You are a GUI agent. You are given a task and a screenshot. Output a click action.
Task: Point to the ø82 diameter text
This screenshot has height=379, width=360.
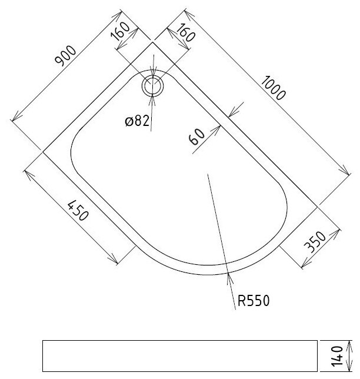(x=137, y=121)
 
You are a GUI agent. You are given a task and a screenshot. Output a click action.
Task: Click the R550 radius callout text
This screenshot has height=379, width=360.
(x=253, y=301)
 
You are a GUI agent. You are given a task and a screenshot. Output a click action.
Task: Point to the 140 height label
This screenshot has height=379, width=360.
(x=336, y=356)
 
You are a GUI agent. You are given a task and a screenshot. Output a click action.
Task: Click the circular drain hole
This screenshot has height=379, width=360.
(x=154, y=87)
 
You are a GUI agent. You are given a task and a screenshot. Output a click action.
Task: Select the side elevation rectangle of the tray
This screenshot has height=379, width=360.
(x=179, y=355)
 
